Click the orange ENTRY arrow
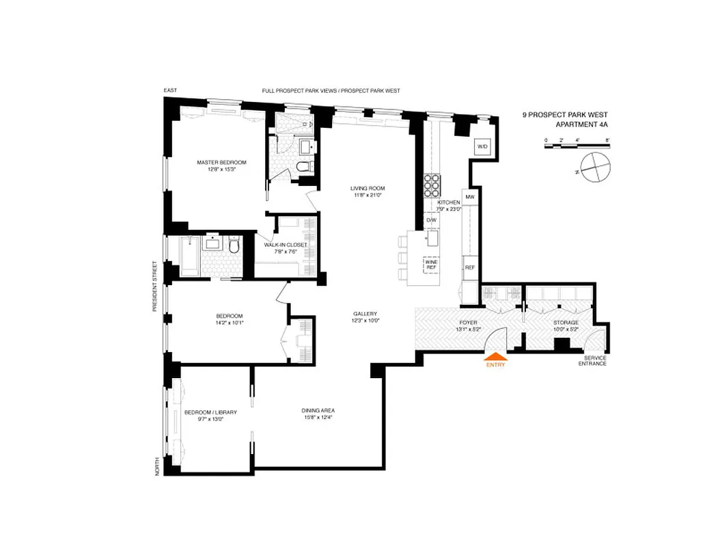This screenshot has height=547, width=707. (x=496, y=356)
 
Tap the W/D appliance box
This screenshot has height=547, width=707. (x=482, y=147)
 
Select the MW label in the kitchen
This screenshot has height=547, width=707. (x=469, y=197)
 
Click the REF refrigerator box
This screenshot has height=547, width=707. (x=469, y=267)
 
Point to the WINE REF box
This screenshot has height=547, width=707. (x=431, y=264)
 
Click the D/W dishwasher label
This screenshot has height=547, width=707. (x=431, y=220)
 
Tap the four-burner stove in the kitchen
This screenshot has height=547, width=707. (x=432, y=184)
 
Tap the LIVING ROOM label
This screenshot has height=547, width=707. (x=368, y=191)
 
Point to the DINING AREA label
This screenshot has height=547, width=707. (x=318, y=414)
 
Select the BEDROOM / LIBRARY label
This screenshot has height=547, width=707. (x=210, y=416)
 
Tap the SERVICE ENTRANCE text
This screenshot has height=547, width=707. (x=591, y=360)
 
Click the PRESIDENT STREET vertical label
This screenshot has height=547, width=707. (x=156, y=286)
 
